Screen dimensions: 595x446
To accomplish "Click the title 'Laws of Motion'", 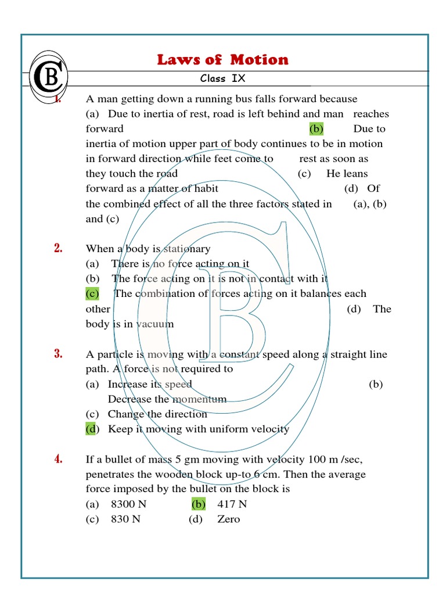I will point(222,60).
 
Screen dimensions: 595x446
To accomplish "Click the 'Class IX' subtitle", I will point(223,78).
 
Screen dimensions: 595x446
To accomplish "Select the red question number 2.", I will point(58,249).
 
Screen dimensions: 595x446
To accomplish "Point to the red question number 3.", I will point(58,354).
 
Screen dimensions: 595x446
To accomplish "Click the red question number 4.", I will point(58,459).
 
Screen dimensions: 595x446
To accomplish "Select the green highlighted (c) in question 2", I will point(92,293).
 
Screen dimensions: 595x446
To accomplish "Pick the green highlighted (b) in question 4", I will point(199,504).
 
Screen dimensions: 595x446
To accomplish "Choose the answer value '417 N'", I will point(232,504).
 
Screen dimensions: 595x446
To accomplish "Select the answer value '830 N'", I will point(125,519).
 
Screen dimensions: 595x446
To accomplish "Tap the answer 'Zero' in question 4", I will point(228,519).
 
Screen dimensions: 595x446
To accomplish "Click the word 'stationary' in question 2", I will point(187,249).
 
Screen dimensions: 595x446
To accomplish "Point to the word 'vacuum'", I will point(155,324).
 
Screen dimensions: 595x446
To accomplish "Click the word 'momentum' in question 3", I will point(199,399).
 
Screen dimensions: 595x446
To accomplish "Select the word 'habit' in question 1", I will point(205,188).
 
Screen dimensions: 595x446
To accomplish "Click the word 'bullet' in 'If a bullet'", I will point(116,459).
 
